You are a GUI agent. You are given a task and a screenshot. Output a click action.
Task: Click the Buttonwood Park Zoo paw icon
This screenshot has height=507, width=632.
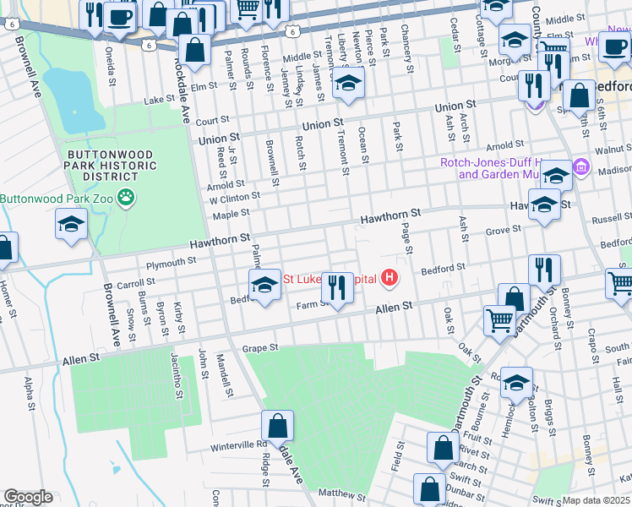[x=126, y=199]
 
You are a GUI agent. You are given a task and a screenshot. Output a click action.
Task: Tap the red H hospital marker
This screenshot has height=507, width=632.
[x=390, y=277]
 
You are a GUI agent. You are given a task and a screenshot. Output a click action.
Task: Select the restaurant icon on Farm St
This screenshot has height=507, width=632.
[x=338, y=287]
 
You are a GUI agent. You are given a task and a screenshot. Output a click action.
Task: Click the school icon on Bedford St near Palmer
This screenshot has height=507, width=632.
[x=264, y=285]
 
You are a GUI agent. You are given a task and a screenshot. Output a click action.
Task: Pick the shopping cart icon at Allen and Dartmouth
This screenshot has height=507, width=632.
[x=499, y=320]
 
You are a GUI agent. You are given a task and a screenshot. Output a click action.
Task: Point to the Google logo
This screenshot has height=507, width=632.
[x=28, y=497]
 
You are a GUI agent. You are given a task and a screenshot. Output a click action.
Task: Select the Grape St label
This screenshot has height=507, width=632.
[x=260, y=347]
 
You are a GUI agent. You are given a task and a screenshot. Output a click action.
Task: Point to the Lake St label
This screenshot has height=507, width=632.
[x=159, y=100]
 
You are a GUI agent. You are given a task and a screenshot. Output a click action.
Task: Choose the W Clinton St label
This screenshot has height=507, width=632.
[x=234, y=196]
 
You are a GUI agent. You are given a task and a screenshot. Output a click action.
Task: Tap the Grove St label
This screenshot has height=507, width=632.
[x=503, y=230]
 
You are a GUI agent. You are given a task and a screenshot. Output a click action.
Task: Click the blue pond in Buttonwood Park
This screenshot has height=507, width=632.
[x=74, y=100]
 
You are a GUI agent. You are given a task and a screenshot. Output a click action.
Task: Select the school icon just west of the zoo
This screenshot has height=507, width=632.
[x=71, y=224]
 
